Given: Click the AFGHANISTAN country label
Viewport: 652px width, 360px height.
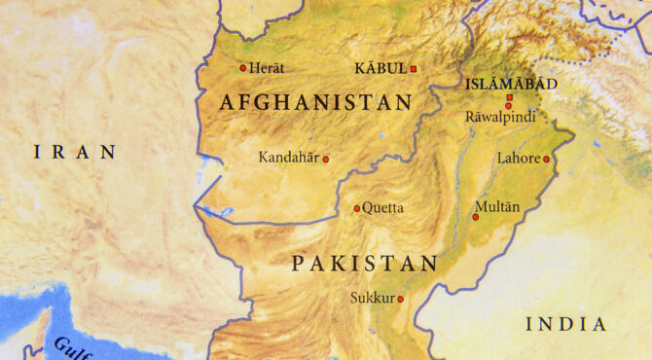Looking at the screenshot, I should tap(316, 102).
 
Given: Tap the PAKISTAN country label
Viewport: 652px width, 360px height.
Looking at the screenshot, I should tap(365, 263).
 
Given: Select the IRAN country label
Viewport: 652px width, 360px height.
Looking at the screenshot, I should tap(75, 152).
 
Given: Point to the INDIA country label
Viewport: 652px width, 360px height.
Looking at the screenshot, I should tap(565, 324).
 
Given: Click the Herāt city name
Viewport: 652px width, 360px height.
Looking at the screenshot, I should tap(267, 67).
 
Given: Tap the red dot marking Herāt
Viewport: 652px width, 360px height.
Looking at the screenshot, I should tap(243, 67).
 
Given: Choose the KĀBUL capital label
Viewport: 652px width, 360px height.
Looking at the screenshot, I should tap(380, 68).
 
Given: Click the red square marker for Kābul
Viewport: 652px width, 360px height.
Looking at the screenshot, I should tap(413, 68).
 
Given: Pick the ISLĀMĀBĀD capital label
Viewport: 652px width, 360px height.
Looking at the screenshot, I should tap(512, 85).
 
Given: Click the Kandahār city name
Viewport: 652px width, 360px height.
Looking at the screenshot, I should tap(288, 157).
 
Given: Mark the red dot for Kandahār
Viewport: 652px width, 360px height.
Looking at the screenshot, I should tap(326, 159).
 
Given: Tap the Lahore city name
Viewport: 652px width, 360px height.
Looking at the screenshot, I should tap(518, 158).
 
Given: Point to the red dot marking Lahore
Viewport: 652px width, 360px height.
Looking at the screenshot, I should tap(546, 159).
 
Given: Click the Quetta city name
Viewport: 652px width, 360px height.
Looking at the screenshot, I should tap(382, 207).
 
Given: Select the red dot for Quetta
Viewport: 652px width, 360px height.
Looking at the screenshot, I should tap(357, 207).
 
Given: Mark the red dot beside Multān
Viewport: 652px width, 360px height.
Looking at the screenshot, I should tap(476, 216).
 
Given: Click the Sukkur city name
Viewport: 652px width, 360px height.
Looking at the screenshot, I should tap(371, 298).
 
